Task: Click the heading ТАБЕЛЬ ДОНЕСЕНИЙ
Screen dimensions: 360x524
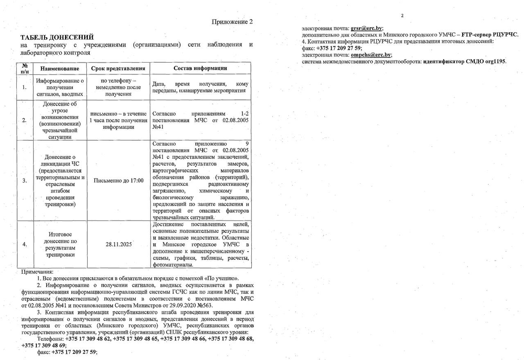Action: [57, 37]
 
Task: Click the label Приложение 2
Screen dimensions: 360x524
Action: [232, 22]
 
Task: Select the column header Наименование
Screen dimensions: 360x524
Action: [60, 68]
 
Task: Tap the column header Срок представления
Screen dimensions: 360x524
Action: [118, 68]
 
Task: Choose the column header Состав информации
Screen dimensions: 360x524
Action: [200, 68]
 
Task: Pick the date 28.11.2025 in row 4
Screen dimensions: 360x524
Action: [118, 244]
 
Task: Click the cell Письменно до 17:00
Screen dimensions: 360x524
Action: [118, 180]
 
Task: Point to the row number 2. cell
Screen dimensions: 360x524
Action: [25, 120]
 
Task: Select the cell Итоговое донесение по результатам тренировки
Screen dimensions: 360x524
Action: [60, 244]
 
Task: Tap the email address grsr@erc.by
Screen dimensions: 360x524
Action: [366, 29]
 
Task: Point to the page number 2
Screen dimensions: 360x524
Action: [402, 16]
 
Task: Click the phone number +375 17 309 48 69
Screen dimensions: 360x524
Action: [44, 345]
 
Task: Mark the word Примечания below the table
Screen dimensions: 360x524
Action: [37, 272]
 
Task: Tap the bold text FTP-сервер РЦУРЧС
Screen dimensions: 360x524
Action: [490, 35]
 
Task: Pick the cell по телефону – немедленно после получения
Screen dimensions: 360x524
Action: [118, 87]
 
